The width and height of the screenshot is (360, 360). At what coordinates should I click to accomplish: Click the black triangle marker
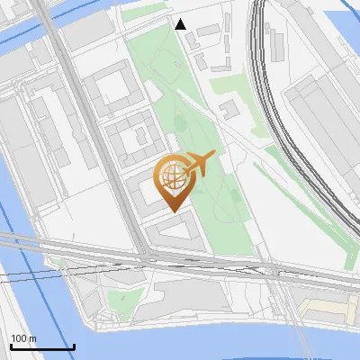(x=181, y=24)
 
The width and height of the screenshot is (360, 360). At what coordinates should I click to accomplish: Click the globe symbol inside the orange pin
(x=171, y=178)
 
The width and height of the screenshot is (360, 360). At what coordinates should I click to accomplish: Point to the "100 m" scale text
(x=24, y=338)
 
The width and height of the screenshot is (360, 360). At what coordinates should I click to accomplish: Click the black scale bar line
(x=42, y=346)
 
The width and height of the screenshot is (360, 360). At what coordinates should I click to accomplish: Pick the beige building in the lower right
(x=329, y=310)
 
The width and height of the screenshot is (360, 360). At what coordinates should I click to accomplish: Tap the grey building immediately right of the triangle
(x=208, y=30)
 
